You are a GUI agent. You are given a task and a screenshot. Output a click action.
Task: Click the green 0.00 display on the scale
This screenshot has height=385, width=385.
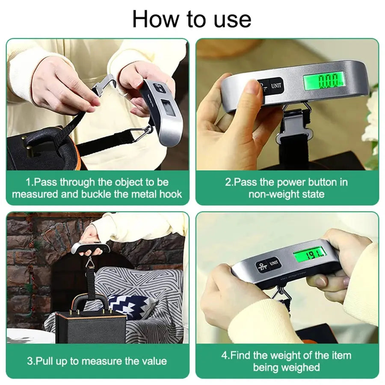(324, 80)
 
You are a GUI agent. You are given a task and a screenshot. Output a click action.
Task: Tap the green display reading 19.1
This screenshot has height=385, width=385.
(310, 256)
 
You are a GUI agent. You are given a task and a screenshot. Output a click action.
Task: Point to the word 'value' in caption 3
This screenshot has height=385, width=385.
(153, 361)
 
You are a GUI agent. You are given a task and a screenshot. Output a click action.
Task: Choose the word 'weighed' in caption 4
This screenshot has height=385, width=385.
(301, 367)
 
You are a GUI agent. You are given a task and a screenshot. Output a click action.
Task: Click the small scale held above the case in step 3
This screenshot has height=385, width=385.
(91, 247)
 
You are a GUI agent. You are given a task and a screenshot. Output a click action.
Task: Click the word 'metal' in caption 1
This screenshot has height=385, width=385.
(143, 194)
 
